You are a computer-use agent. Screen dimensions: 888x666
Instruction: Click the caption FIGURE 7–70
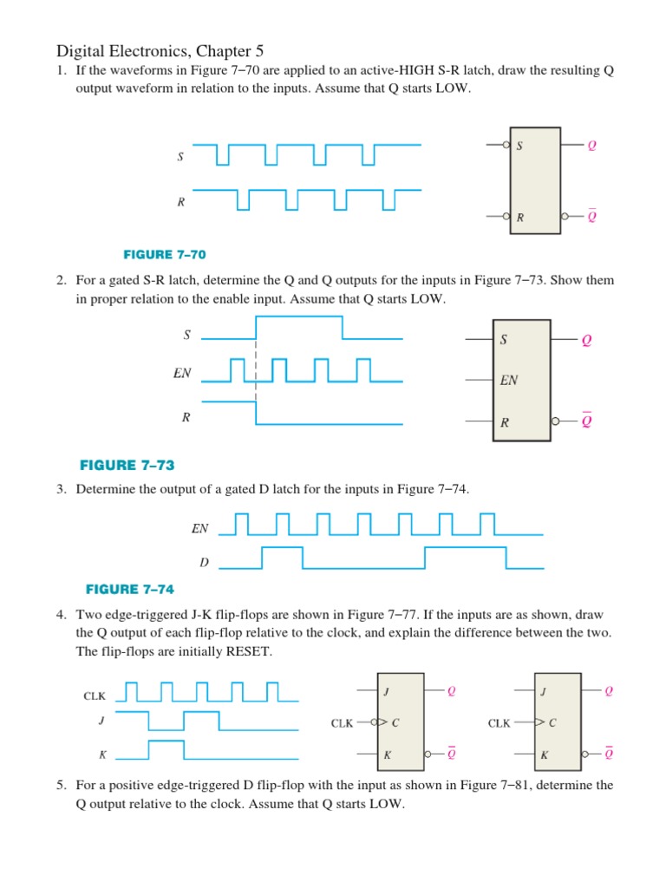point(165,254)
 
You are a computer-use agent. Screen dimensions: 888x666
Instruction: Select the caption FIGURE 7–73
point(133,465)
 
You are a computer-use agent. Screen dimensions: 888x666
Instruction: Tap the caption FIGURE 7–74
point(130,589)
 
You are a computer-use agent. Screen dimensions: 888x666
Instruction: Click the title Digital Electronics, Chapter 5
point(166,51)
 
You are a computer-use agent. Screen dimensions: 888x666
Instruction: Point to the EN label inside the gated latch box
point(508,380)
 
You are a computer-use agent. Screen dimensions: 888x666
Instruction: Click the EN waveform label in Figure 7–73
point(182,375)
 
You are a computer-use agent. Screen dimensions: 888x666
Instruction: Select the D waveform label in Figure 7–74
point(204,563)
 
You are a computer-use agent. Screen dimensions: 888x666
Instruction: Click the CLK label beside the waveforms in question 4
point(95,695)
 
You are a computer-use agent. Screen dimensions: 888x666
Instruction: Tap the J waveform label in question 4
point(101,720)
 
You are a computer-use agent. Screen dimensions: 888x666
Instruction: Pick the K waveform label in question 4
point(102,754)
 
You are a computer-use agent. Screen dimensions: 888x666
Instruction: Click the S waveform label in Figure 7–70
point(180,157)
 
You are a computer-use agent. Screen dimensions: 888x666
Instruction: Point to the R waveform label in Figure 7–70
point(180,202)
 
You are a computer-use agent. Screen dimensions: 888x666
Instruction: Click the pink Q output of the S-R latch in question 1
point(592,146)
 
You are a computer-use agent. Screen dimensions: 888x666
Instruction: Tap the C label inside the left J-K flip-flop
point(395,722)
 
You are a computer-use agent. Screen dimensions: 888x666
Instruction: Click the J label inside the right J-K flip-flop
point(544,691)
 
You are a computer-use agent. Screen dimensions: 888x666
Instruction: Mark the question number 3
point(62,489)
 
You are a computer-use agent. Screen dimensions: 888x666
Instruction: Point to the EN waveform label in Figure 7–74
point(200,527)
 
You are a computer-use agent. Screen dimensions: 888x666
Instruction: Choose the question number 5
point(62,785)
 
